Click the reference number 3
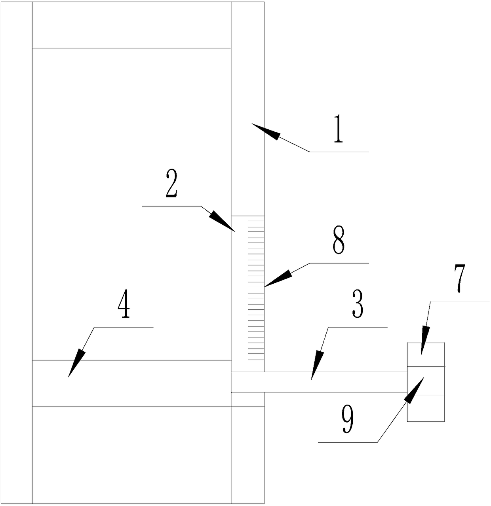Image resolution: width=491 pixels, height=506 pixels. (x=358, y=305)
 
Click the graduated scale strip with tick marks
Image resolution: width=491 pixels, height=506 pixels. (x=256, y=288)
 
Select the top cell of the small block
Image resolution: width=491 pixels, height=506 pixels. (x=426, y=354)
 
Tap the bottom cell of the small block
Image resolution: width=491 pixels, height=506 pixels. (x=426, y=408)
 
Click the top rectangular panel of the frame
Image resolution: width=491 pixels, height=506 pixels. (x=131, y=25)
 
